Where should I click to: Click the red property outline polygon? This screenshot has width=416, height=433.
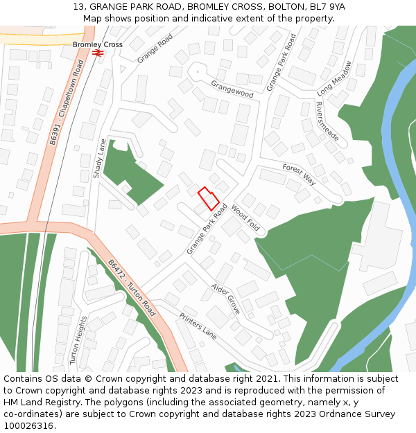click(x=209, y=199)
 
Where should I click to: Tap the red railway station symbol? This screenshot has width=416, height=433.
click(x=98, y=52)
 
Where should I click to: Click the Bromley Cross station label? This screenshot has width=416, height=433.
click(x=98, y=44)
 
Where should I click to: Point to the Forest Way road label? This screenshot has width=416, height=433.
click(x=299, y=175)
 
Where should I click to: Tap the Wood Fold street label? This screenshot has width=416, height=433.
click(x=245, y=218)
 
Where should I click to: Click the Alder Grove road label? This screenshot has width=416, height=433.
click(x=226, y=298)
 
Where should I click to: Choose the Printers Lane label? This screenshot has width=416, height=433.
click(x=198, y=326)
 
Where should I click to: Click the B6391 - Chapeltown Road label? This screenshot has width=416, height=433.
click(x=66, y=102)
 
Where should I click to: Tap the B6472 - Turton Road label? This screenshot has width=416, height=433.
click(x=131, y=288)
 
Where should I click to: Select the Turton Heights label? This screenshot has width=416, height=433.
click(x=78, y=340)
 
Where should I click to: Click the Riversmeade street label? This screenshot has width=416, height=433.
click(x=327, y=121)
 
